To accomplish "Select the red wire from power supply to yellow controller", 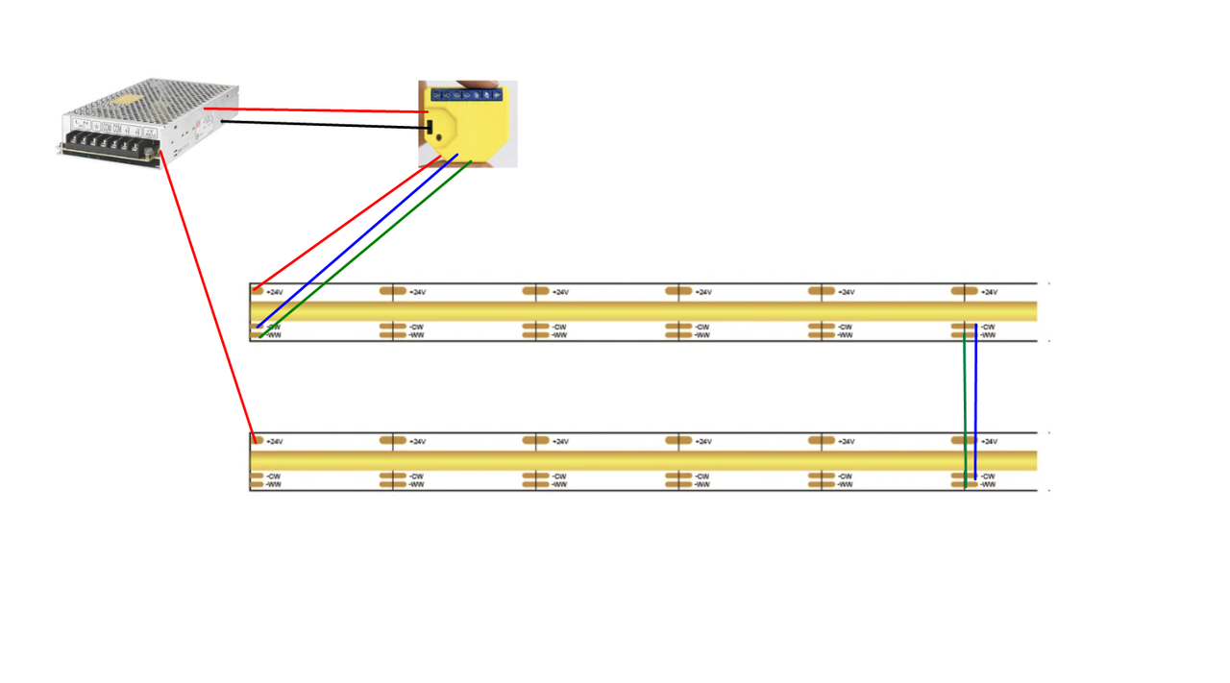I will tap(317, 110).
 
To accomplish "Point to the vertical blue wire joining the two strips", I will tap(975, 403).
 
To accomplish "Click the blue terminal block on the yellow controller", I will tap(467, 94).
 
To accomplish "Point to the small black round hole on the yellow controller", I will tap(440, 136).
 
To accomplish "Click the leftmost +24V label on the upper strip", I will tap(275, 292).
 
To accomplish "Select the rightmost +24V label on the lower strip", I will tap(989, 442).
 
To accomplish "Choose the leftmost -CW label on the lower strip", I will tap(274, 476).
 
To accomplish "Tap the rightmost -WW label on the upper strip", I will tap(988, 335).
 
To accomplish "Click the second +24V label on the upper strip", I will tap(418, 292).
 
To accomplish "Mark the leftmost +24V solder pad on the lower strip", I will tap(257, 440).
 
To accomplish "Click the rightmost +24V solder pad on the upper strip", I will tap(964, 290).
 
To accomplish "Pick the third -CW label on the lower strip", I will tap(559, 476).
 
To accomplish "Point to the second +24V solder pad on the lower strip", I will tap(392, 440).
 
